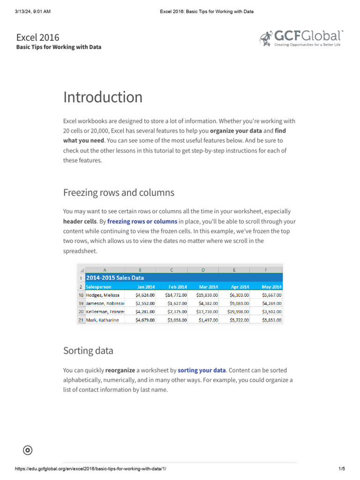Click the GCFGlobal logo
tap(301, 39)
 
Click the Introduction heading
tap(103, 97)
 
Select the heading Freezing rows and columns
tap(119, 193)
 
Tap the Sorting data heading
tap(88, 351)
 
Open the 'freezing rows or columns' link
tap(142, 221)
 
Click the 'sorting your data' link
tap(202, 370)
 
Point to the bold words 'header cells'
tap(80, 221)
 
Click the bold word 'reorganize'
tap(120, 370)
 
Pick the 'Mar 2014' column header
tap(208, 287)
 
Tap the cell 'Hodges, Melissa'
tap(102, 295)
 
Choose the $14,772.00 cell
tap(176, 295)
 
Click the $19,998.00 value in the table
tap(239, 312)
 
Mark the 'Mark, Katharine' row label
tap(102, 320)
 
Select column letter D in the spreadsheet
tap(203, 270)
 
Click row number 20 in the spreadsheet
tap(81, 312)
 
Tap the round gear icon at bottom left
tap(28, 450)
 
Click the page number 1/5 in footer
tap(341, 469)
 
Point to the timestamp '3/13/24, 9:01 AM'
tap(33, 11)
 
